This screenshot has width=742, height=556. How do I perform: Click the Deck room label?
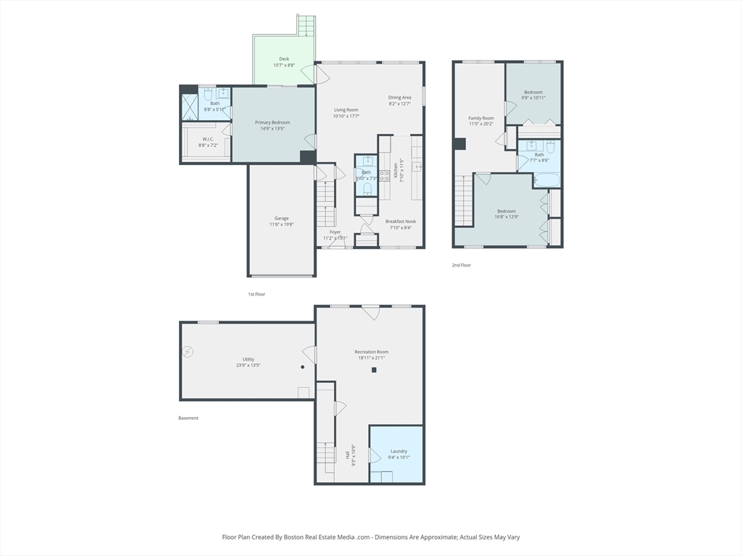coord(284,59)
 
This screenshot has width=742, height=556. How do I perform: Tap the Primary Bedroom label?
coord(273,123)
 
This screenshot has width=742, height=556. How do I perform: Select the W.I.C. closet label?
coord(208,139)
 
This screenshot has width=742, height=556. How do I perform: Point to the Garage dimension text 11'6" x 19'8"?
coord(281,224)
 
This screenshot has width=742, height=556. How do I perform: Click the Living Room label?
coord(346,110)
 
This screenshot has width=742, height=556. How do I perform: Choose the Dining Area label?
coord(399,98)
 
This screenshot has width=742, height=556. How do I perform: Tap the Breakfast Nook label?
coord(400,222)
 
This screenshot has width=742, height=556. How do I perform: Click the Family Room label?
coord(481,118)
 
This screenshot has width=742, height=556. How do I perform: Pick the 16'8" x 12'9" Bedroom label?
coord(507,211)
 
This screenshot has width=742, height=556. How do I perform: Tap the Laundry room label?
coord(399,451)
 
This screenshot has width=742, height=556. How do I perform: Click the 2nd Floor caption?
coord(462,266)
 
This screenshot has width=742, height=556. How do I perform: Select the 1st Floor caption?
coord(257,295)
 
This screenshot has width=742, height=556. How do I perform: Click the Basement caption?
coord(188,418)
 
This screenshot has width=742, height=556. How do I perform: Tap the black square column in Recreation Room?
coord(374,370)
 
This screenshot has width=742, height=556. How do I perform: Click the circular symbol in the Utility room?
coord(188,352)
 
